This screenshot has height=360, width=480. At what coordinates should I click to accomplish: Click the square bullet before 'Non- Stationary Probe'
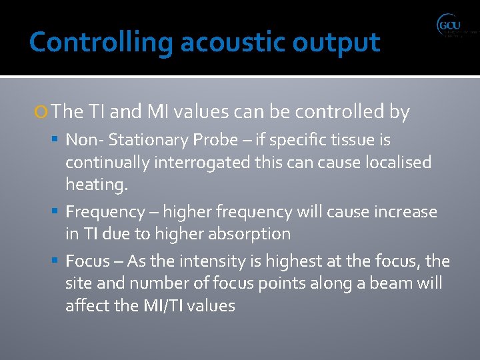[x=57, y=140]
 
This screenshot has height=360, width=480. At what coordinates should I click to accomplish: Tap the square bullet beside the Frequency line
[x=57, y=212]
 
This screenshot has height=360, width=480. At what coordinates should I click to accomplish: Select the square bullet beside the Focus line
[x=57, y=261]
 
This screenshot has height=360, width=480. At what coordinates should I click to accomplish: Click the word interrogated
[x=187, y=162]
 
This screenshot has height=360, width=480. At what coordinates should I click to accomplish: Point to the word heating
[x=96, y=185]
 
